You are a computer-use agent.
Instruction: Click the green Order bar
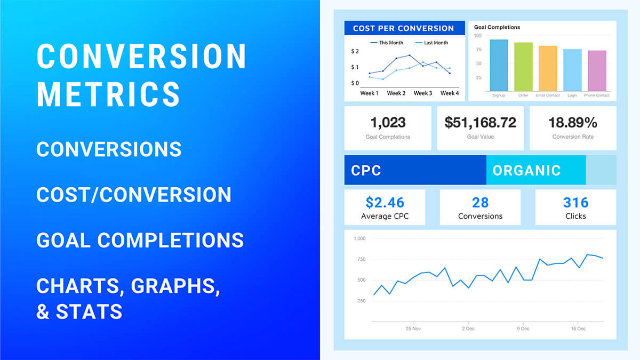pos(523,67)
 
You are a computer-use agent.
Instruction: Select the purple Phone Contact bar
pos(597,71)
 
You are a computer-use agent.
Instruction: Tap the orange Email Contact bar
pos(548,69)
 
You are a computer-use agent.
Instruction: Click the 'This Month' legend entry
pos(387,43)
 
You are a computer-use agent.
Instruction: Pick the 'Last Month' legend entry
pos(431,43)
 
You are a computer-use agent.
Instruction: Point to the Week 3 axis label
pos(423,93)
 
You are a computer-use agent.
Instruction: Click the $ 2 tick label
pos(355,51)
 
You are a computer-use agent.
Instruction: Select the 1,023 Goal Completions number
pos(388,123)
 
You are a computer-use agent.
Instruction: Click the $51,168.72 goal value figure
pos(481,123)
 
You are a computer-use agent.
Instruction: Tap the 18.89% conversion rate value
pos(573,123)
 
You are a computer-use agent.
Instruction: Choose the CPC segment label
pos(366,171)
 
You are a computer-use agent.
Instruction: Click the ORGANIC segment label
pos(526,171)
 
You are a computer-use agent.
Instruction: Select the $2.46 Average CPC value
pos(385,203)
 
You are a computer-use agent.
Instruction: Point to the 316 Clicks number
pos(575,203)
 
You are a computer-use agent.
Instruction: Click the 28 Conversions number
pos(481,203)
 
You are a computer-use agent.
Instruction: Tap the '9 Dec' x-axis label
pos(523,329)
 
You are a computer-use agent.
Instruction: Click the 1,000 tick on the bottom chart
pos(359,238)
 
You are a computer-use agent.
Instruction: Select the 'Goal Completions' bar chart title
pos(497,27)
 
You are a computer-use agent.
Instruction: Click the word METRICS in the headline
pos(109,94)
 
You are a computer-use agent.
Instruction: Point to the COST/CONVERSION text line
pos(134,195)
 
